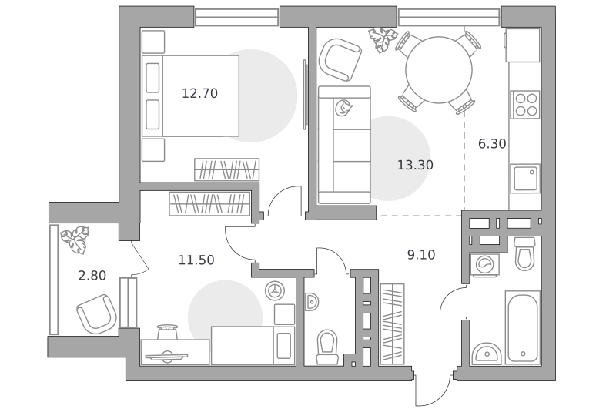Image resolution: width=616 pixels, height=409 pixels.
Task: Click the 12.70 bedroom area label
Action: [199, 93]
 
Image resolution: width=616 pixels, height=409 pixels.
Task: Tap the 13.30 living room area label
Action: [415, 165]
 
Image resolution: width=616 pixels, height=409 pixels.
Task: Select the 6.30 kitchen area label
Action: [492, 144]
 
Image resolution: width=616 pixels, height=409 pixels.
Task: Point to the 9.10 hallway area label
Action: [421, 255]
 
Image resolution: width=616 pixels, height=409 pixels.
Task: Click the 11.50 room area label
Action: [196, 260]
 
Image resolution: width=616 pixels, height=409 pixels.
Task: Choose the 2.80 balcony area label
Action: [92, 276]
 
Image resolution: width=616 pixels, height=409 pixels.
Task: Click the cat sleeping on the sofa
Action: [343, 108]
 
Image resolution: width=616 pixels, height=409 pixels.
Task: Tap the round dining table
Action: [439, 70]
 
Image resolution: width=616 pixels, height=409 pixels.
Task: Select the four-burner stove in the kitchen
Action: [525, 105]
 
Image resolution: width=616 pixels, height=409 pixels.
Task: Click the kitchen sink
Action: [525, 179]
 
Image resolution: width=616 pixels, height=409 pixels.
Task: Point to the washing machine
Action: [484, 265]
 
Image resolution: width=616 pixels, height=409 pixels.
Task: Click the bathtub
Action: [523, 327]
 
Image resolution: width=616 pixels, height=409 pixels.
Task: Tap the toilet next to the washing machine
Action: [525, 254]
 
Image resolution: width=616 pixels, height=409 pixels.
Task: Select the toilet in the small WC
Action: [328, 347]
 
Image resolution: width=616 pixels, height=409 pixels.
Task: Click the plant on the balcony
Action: [75, 239]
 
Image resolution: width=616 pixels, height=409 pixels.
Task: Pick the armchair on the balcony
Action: [97, 315]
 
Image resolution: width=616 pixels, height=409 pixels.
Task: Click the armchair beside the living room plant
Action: [340, 59]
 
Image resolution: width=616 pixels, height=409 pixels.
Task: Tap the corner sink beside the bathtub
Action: [487, 354]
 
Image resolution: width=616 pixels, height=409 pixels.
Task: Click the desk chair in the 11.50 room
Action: [167, 332]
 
